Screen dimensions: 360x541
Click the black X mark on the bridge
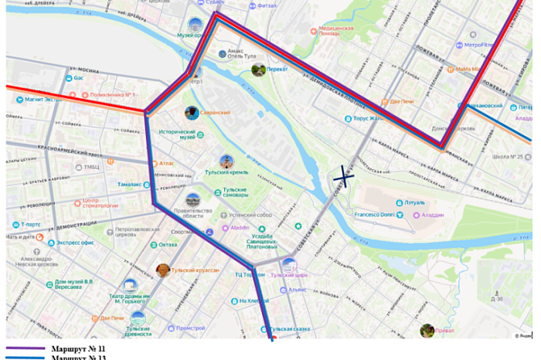pos(344,178)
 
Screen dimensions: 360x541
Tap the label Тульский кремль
pos(226,172)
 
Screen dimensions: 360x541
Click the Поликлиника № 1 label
pos(112,95)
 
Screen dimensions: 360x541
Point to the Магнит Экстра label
pos(43,99)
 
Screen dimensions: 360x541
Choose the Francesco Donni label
pos(374,214)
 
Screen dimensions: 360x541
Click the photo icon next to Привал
pos(427,331)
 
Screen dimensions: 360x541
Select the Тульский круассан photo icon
pos(164,270)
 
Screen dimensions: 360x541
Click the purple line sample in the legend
pos(26,349)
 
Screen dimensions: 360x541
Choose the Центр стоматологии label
pos(100,203)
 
